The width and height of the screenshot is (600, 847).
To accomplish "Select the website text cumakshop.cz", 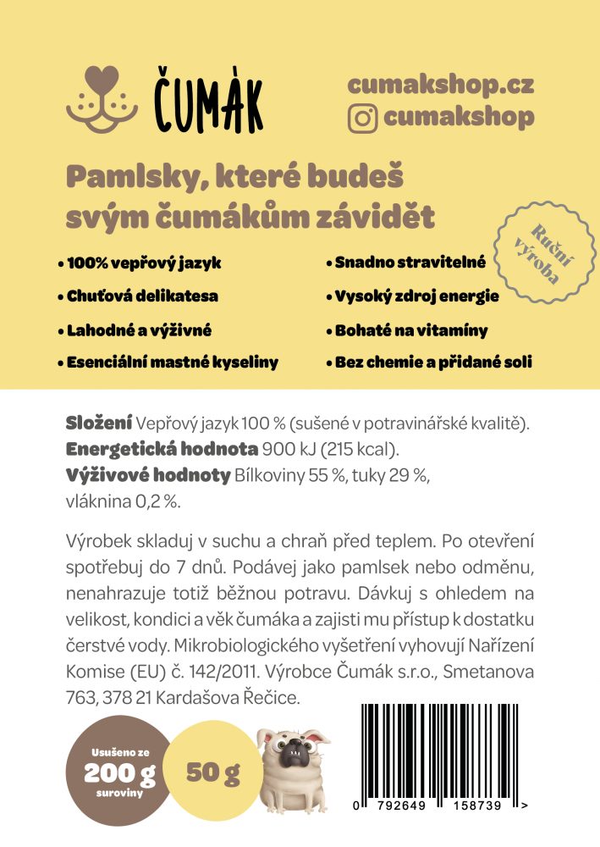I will pos(441,85).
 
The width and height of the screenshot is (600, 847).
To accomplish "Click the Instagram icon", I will pos(362,118).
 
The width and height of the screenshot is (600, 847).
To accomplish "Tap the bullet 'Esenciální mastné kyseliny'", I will pos(170,363).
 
